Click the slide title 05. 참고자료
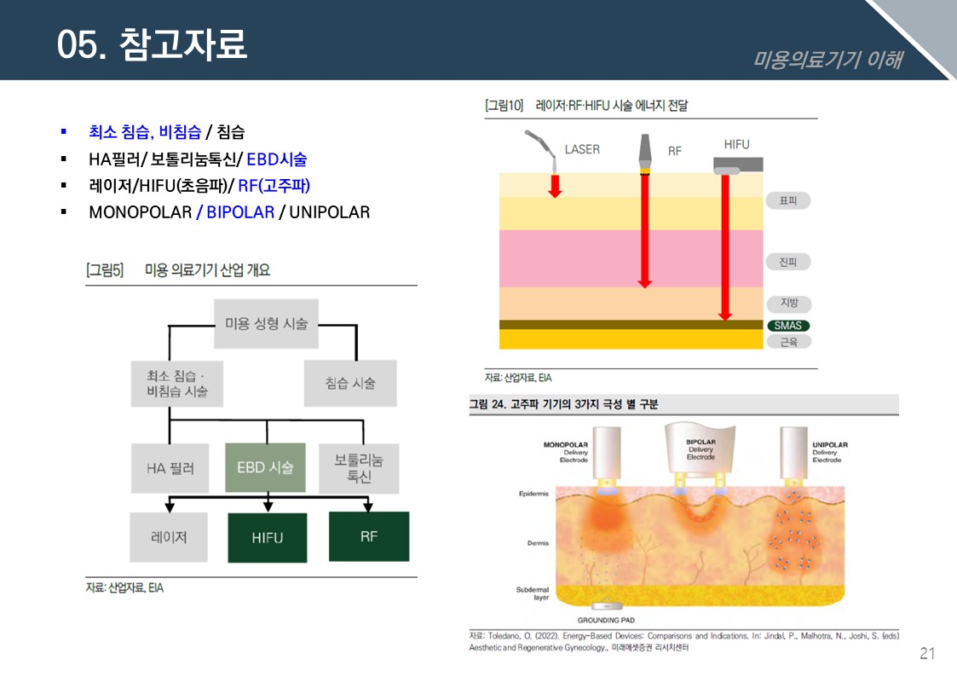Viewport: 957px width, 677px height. pyautogui.click(x=152, y=44)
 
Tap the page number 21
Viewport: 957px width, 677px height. pyautogui.click(x=927, y=654)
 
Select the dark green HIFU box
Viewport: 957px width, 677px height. pyautogui.click(x=267, y=538)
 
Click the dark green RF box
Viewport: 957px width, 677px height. pyautogui.click(x=368, y=536)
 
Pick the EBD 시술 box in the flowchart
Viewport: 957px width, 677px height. pyautogui.click(x=265, y=467)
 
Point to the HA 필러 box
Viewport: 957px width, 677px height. pyautogui.click(x=170, y=468)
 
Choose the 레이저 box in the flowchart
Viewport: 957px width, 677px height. pyautogui.click(x=168, y=537)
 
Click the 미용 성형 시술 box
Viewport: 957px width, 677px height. pyautogui.click(x=266, y=323)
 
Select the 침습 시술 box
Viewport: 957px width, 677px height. pyautogui.click(x=349, y=383)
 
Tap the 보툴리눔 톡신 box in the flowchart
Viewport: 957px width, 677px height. pyautogui.click(x=359, y=468)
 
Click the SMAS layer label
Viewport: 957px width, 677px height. pyautogui.click(x=787, y=326)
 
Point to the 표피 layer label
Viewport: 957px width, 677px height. pyautogui.click(x=787, y=200)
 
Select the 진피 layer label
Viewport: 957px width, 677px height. pyautogui.click(x=787, y=262)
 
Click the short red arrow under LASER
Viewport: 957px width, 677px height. pyautogui.click(x=555, y=184)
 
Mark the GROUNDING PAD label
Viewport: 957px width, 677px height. pyautogui.click(x=606, y=620)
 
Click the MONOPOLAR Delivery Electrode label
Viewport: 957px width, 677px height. pyautogui.click(x=565, y=452)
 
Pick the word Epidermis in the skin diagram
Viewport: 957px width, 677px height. pyautogui.click(x=533, y=494)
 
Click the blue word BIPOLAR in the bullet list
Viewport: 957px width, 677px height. pyautogui.click(x=240, y=212)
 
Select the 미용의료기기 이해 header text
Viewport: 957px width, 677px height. pyautogui.click(x=827, y=60)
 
